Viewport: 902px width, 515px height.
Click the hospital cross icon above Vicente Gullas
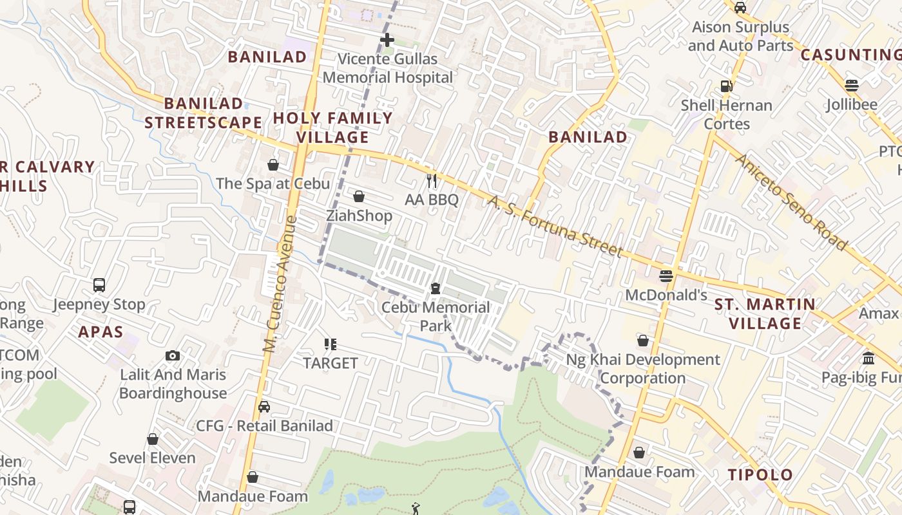coord(387,40)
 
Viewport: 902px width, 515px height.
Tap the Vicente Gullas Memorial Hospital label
coord(387,68)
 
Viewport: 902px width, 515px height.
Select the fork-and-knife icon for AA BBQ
coord(432,181)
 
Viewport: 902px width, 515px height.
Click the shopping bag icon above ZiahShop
coord(359,196)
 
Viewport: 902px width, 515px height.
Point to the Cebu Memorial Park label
coord(436,316)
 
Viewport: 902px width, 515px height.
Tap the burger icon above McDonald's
coord(666,276)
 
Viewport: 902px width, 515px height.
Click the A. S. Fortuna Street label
coord(555,227)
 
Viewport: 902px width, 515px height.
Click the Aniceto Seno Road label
coord(791,201)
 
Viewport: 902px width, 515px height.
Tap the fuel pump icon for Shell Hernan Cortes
coord(726,86)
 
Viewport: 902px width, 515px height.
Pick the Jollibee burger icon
coord(852,85)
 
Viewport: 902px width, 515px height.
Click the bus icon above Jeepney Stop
coord(99,285)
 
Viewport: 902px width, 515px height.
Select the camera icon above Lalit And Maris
coord(172,355)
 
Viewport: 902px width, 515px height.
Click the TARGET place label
coord(331,363)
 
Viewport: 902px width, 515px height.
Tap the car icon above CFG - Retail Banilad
coord(264,406)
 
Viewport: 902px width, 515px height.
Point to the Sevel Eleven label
coord(152,458)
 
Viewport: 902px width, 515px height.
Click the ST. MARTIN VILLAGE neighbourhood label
coord(765,314)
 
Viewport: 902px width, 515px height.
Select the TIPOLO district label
coord(760,475)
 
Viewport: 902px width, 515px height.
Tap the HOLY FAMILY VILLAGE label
coord(332,127)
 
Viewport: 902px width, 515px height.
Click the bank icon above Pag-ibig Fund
coord(868,358)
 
